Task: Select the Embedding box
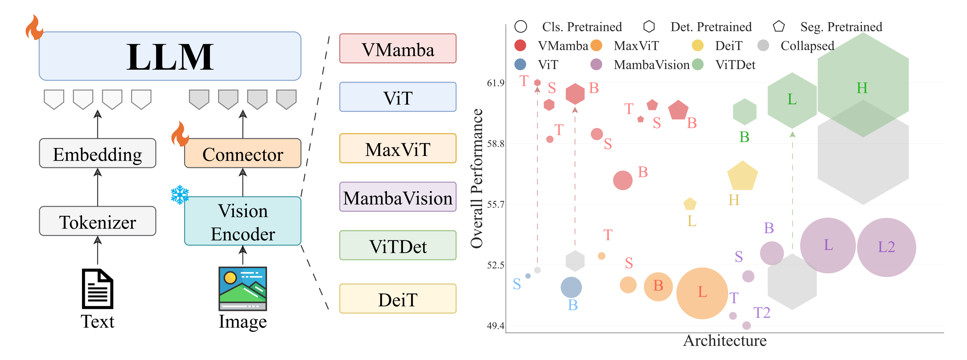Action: point(97,154)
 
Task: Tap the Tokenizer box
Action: point(97,222)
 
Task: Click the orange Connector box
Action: point(242,154)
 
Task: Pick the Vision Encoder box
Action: point(242,222)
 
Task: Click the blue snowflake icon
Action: point(180,194)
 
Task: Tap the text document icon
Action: point(97,289)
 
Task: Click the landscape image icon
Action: point(242,289)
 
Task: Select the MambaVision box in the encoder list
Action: point(397,197)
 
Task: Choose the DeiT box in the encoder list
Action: point(397,299)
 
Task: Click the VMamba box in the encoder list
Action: point(397,49)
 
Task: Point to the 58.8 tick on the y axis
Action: point(496,144)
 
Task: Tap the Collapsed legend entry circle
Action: point(763,46)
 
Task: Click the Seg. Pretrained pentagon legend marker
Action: point(779,27)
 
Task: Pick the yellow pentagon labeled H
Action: point(742,176)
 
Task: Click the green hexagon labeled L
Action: point(792,100)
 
